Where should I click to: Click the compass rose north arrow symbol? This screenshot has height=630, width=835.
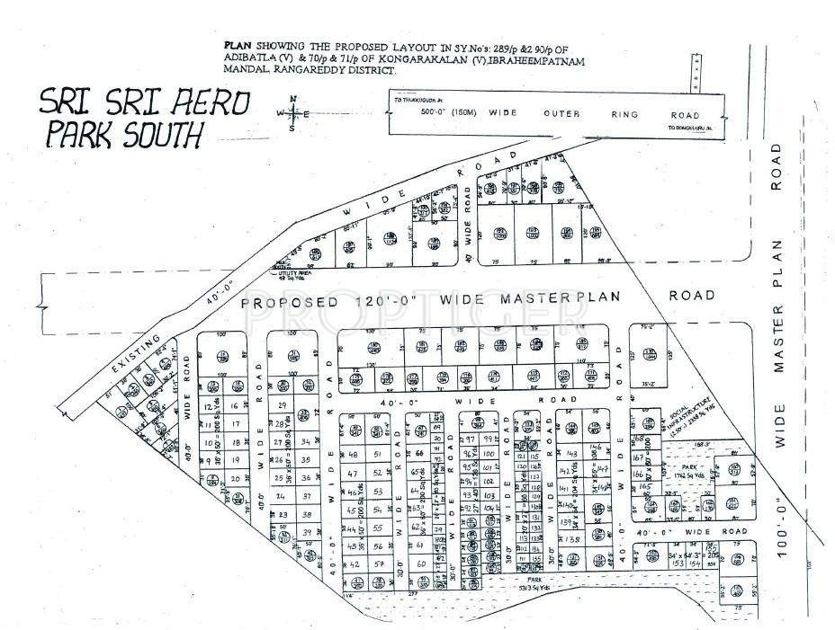point(292,113)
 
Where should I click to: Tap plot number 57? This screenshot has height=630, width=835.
point(379,564)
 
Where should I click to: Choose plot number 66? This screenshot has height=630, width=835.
point(417,454)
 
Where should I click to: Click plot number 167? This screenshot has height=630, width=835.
point(638,457)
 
